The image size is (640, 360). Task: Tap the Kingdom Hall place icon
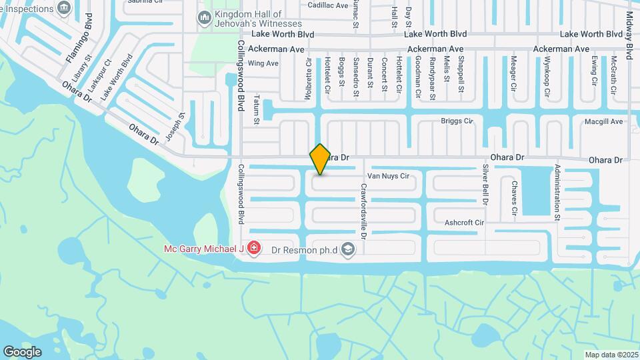[x=205, y=18]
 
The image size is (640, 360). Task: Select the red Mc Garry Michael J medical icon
[x=253, y=249]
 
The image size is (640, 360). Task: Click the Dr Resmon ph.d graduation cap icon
[x=347, y=249]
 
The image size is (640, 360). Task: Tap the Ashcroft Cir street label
[x=463, y=222]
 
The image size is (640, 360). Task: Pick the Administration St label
[x=558, y=193]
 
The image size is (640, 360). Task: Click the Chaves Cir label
[x=514, y=198]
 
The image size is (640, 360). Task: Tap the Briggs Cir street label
[x=457, y=121]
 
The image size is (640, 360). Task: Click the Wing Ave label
[x=263, y=63]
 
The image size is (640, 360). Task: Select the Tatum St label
[x=256, y=109]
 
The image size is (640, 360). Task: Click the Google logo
[x=22, y=351]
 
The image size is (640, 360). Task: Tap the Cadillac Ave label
[x=328, y=5]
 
